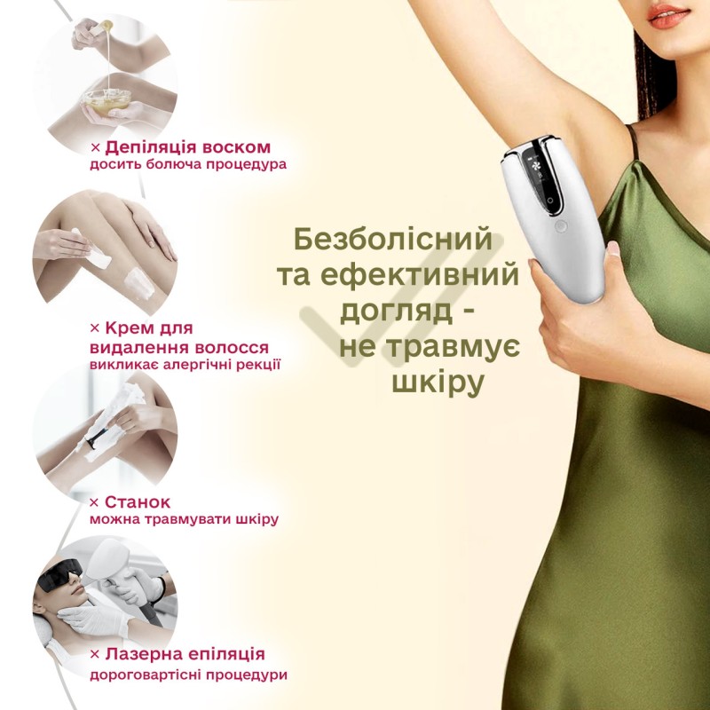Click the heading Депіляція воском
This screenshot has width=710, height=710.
187,146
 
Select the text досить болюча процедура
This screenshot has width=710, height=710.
187,165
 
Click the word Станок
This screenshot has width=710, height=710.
137,501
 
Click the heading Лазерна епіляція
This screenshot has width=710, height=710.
184,655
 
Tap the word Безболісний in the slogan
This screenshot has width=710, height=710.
392,240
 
